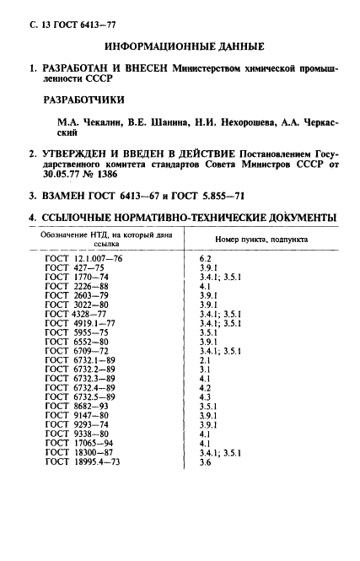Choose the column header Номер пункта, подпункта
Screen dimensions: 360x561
(261, 240)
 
